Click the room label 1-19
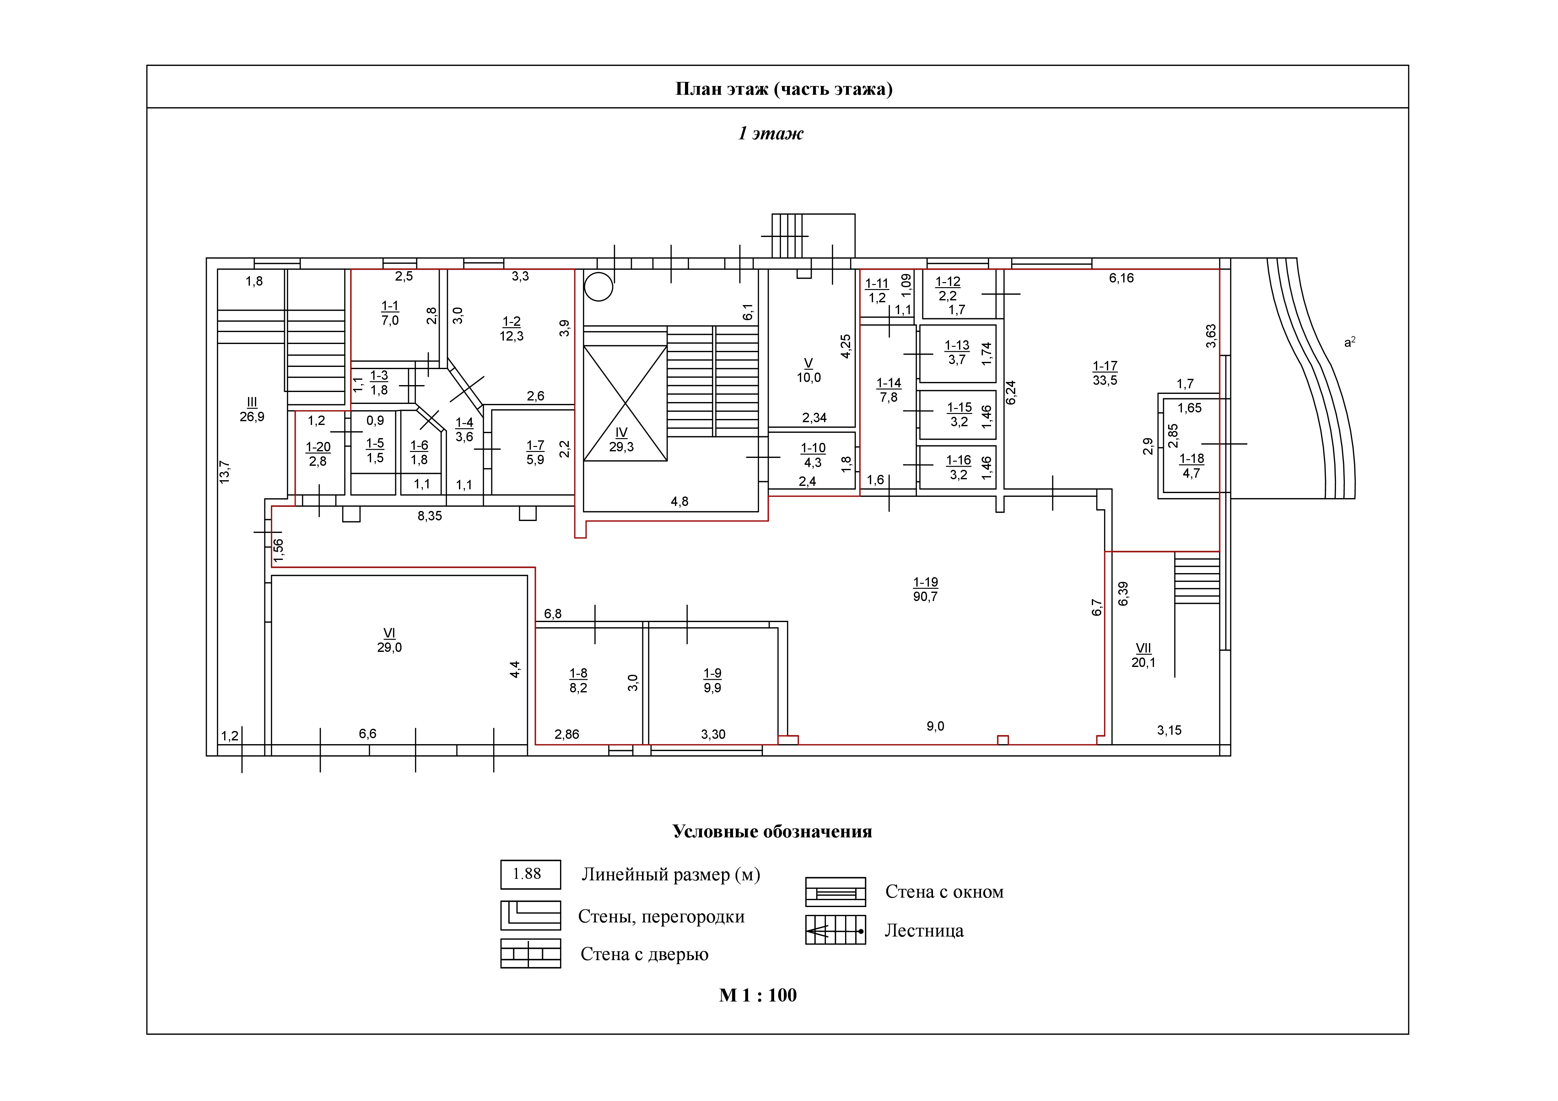[x=925, y=582]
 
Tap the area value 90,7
[x=925, y=597]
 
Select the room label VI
[x=390, y=633]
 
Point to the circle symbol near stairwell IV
[x=599, y=286]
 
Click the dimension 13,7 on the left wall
[x=224, y=471]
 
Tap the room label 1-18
[x=1192, y=459]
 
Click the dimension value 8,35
[x=429, y=516]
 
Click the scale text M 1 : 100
[x=758, y=995]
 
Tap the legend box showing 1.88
[x=531, y=874]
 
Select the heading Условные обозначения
[x=772, y=832]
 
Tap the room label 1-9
[x=713, y=673]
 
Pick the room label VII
[x=1143, y=648]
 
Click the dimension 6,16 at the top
[x=1121, y=278]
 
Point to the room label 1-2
[x=512, y=322]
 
